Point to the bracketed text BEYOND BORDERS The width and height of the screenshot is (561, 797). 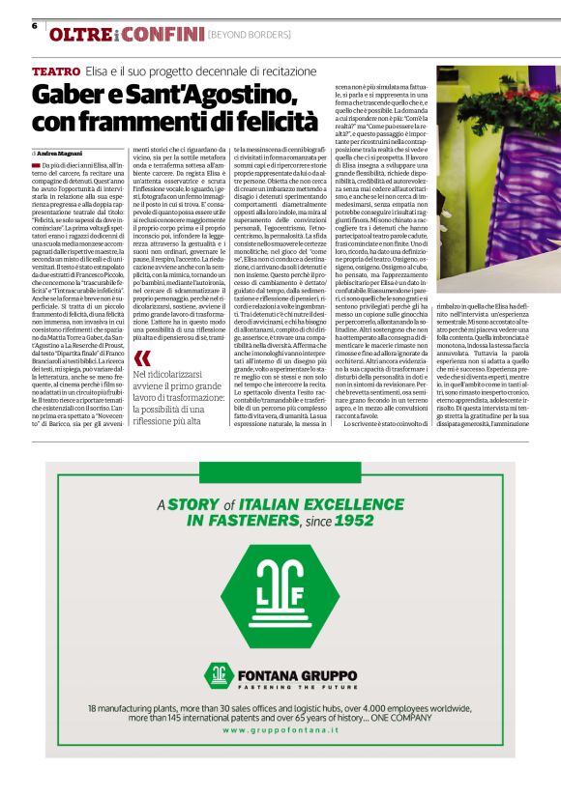tap(250, 36)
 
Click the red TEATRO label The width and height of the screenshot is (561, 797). tap(55, 72)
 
